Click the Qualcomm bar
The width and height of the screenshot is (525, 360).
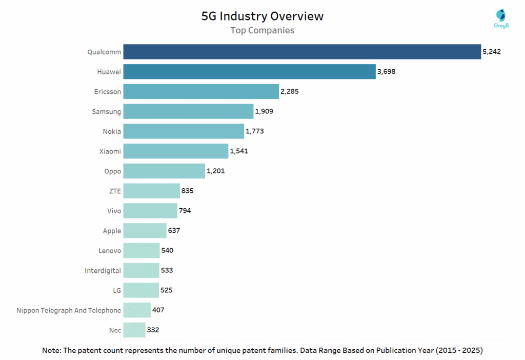click(302, 52)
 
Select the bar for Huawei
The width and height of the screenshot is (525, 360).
click(249, 72)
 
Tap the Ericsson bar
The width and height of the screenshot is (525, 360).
click(201, 91)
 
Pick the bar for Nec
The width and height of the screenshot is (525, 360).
click(134, 330)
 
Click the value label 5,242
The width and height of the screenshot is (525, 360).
click(492, 52)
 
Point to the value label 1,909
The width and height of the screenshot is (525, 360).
click(264, 111)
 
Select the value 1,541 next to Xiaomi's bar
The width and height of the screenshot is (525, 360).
click(239, 151)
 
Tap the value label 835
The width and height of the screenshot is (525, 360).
click(187, 191)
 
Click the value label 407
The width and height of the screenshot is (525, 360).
click(158, 310)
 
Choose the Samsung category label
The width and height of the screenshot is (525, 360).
click(107, 112)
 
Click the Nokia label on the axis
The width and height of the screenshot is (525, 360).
click(112, 131)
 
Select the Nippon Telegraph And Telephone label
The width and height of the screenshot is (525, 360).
click(69, 310)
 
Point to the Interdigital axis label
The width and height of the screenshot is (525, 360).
click(103, 270)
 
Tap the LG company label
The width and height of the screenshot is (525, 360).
click(117, 290)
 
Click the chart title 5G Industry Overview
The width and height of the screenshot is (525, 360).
click(262, 16)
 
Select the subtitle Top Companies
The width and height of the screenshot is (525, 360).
click(262, 30)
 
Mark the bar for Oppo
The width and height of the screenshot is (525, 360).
click(164, 171)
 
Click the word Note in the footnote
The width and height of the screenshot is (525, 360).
click(52, 350)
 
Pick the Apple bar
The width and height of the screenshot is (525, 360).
click(145, 231)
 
